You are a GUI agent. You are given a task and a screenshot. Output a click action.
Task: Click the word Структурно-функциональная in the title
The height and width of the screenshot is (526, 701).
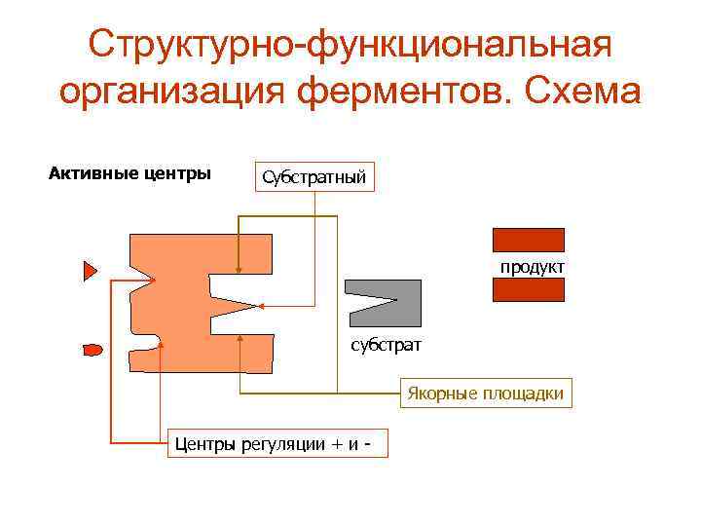(350, 43)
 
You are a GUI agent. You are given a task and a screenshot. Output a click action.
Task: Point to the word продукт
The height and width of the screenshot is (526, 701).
(533, 266)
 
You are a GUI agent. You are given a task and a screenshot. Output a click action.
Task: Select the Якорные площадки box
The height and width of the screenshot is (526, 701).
(486, 394)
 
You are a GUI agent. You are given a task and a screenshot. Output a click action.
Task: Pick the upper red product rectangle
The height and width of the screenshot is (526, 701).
(529, 240)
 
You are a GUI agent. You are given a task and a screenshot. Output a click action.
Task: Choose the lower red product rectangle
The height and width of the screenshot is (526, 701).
(529, 290)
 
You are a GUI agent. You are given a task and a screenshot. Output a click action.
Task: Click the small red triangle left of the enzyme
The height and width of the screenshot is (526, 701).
(90, 271)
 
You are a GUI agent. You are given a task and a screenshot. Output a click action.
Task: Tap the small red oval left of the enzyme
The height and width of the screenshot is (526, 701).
(92, 348)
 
